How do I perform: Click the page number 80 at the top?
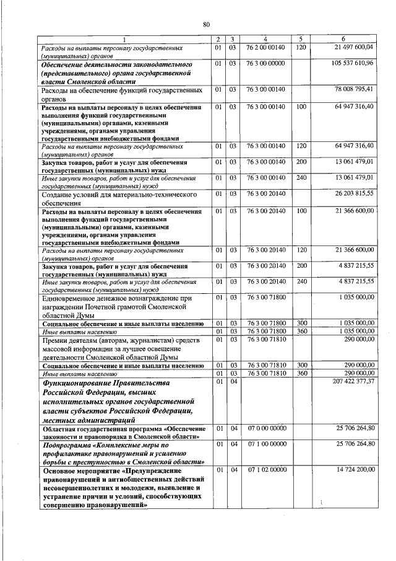pyautogui.click(x=206, y=24)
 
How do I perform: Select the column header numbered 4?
pyautogui.click(x=265, y=39)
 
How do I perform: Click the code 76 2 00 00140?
pyautogui.click(x=265, y=47)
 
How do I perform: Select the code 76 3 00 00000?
pyautogui.click(x=265, y=63)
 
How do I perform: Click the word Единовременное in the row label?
pyautogui.click(x=71, y=298)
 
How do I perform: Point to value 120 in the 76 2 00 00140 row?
pyautogui.click(x=301, y=47)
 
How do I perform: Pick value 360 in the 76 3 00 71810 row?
pyautogui.click(x=301, y=373)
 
